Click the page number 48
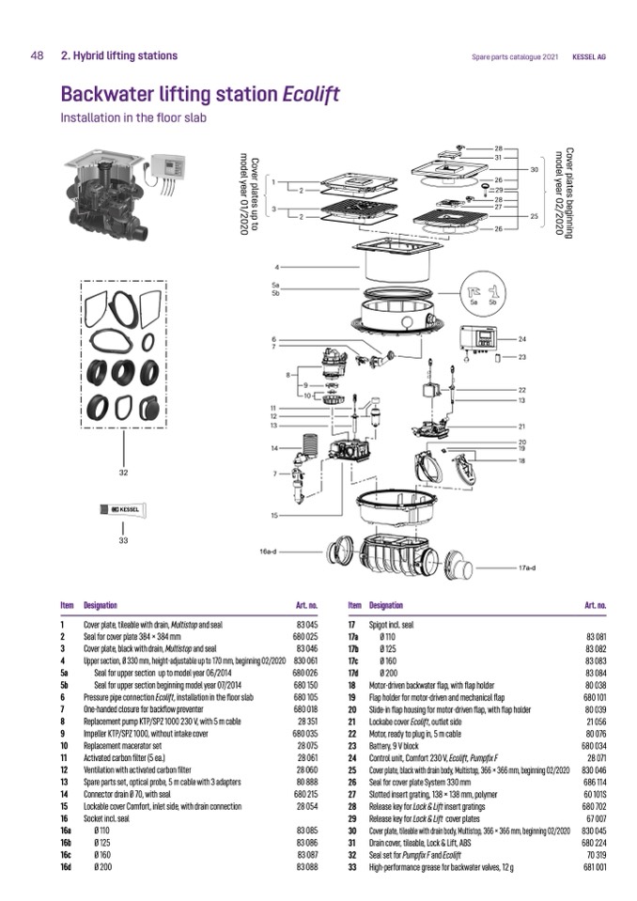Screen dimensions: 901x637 (37, 55)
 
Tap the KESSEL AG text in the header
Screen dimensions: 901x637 (588, 56)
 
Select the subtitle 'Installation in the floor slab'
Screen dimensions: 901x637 (132, 118)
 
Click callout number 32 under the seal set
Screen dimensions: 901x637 (122, 473)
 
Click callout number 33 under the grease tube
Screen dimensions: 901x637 (122, 540)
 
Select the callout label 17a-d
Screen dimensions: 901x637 (531, 567)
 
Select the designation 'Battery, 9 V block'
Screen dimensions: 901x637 (398, 745)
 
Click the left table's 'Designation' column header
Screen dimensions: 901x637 (101, 606)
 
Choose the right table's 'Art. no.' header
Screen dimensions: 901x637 (595, 606)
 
